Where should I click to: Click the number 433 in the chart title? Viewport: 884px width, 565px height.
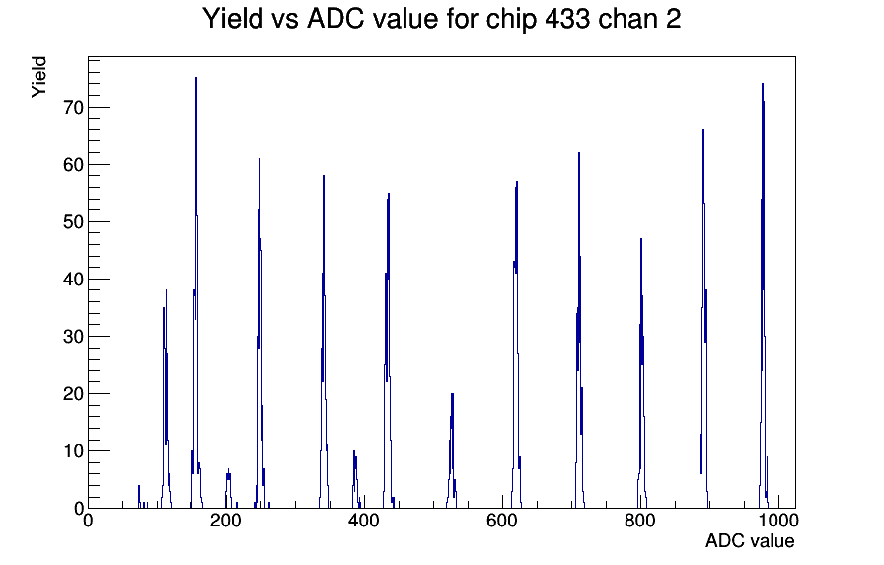point(567,18)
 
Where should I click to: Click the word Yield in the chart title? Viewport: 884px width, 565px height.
point(233,18)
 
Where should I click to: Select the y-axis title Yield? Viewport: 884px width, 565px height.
point(38,77)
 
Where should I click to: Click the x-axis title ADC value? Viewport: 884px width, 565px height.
point(750,540)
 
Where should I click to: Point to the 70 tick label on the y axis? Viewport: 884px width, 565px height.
point(73,108)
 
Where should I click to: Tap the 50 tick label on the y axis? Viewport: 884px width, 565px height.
point(73,222)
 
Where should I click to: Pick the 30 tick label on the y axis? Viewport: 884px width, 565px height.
point(73,337)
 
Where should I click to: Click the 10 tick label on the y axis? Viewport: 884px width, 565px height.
point(73,451)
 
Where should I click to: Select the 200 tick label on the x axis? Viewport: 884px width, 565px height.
point(226,520)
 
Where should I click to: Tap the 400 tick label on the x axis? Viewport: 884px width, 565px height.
point(364,520)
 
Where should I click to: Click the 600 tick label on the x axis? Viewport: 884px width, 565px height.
point(502,520)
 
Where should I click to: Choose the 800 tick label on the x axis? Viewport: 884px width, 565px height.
point(640,520)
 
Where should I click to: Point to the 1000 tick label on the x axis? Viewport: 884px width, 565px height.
point(778,520)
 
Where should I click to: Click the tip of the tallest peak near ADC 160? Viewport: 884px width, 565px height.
point(196,78)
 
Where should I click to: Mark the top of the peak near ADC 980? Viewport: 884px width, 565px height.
point(763,84)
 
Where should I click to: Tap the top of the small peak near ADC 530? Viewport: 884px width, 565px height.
point(452,394)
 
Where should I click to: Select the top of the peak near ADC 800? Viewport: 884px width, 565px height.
point(641,239)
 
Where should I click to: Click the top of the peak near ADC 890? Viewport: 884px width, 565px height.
point(703,130)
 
